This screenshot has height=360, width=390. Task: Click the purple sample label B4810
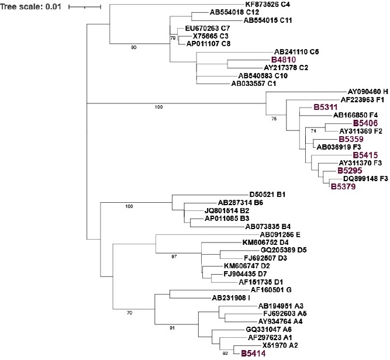(285, 60)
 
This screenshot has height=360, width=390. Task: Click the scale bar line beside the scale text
(85, 7)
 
